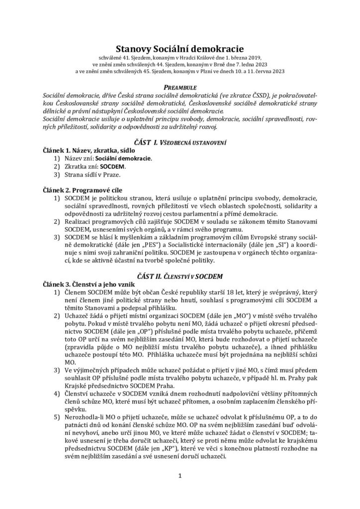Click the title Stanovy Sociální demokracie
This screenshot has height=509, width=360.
tap(180, 49)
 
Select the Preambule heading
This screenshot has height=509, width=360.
tap(180, 86)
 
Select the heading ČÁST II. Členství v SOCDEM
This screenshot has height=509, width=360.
tap(180, 275)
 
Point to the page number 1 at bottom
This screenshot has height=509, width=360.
tap(180, 476)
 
